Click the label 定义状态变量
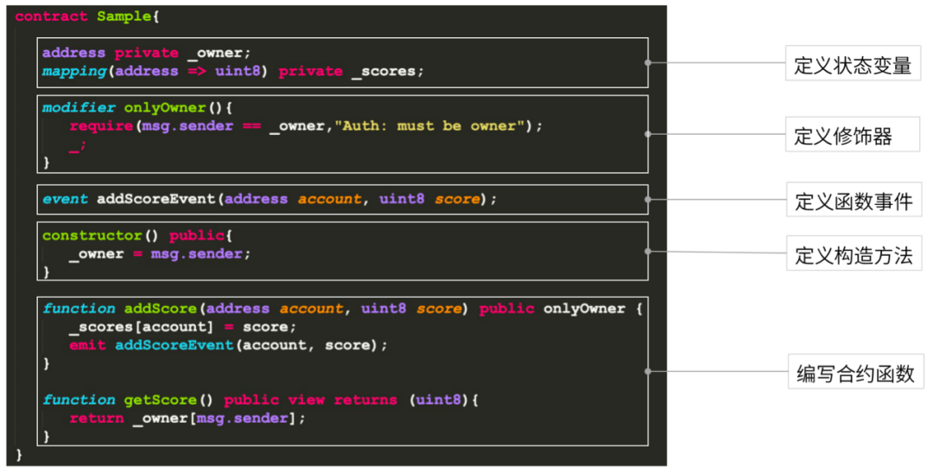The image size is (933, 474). click(x=853, y=65)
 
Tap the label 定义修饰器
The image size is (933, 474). click(x=842, y=136)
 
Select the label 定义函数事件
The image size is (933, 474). click(x=853, y=202)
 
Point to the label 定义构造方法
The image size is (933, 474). click(x=853, y=256)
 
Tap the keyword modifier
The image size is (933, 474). click(x=79, y=108)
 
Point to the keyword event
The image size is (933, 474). click(x=65, y=199)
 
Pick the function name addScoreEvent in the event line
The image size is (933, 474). click(x=155, y=199)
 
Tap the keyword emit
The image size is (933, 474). click(x=88, y=345)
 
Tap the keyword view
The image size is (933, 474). click(x=307, y=400)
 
